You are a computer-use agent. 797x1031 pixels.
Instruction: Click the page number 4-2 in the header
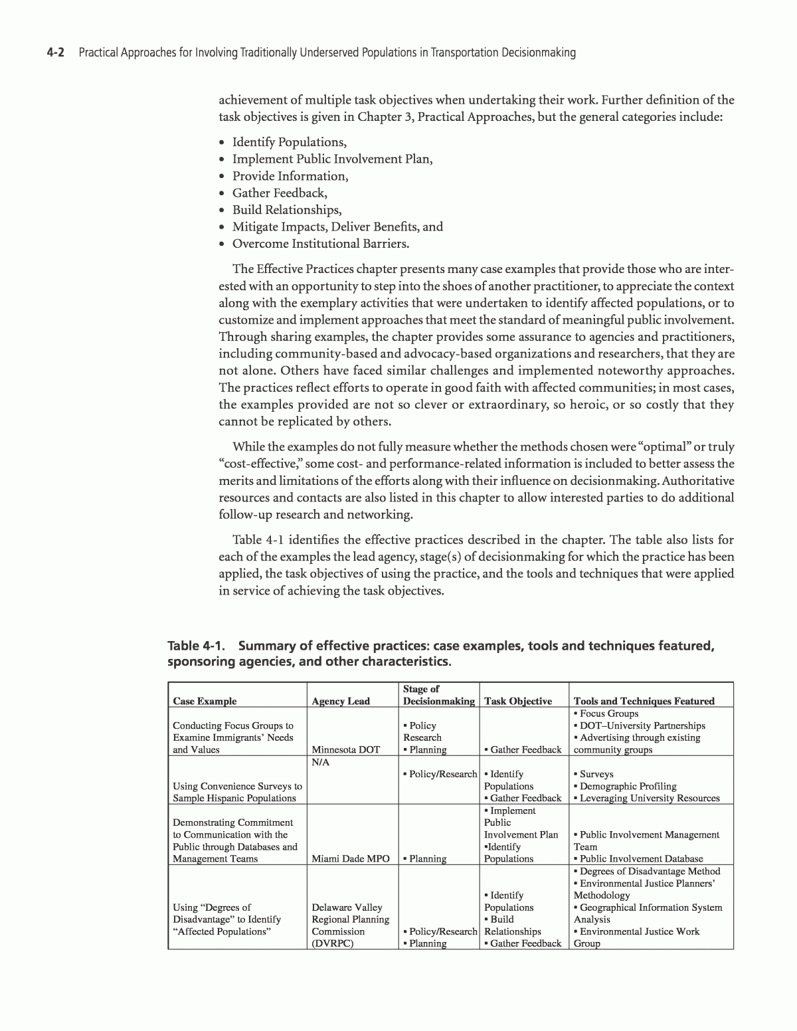(x=54, y=52)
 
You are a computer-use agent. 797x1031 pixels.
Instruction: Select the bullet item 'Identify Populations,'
(x=289, y=142)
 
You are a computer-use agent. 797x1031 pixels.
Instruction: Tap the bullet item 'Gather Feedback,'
(x=280, y=193)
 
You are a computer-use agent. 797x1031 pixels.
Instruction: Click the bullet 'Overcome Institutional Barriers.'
(x=320, y=243)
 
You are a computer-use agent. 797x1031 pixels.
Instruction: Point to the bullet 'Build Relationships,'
(x=286, y=210)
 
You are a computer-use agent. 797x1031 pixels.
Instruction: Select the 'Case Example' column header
(x=205, y=701)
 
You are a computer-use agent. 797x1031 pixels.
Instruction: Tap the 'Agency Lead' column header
(x=341, y=701)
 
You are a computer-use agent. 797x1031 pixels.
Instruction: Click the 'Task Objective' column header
(x=518, y=701)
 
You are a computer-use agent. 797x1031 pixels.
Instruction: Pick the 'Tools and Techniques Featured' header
(x=644, y=701)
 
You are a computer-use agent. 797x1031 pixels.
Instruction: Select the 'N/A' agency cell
(x=320, y=762)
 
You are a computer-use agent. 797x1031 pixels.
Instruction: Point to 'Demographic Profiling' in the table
(x=628, y=786)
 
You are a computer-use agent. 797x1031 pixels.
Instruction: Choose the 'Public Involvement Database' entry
(x=641, y=858)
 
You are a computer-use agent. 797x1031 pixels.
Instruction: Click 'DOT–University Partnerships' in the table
(x=642, y=725)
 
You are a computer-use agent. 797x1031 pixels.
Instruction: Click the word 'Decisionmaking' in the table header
(x=438, y=701)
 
